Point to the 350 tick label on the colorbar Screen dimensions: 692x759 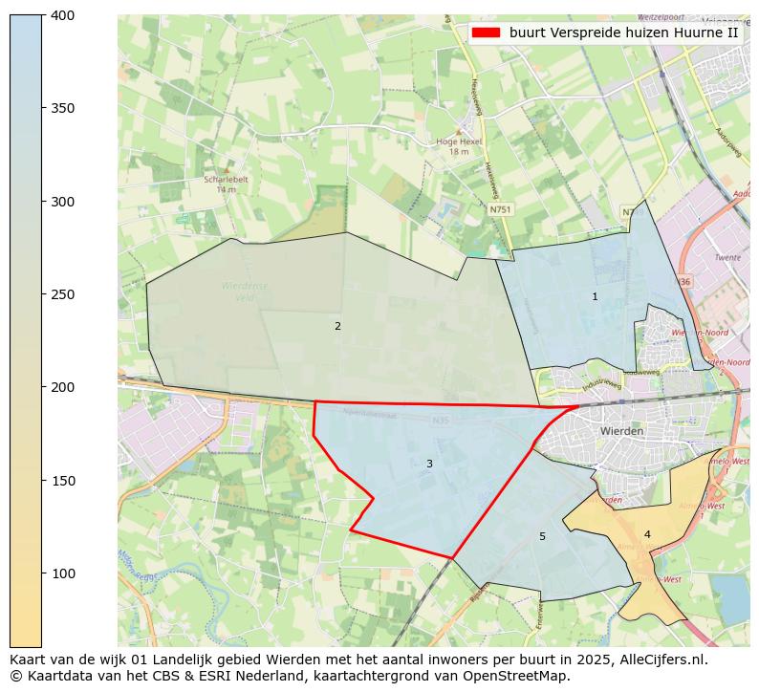click(x=62, y=108)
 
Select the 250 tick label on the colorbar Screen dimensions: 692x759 click(x=62, y=294)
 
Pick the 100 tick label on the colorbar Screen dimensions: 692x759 click(x=62, y=573)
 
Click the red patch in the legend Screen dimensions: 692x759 click(x=486, y=32)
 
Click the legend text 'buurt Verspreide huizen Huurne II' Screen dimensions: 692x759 click(x=623, y=32)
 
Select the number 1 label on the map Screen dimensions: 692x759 click(x=595, y=297)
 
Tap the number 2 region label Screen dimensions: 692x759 click(x=337, y=327)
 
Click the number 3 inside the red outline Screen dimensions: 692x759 click(x=429, y=465)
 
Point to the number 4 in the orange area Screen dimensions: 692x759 click(x=647, y=535)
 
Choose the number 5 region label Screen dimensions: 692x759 click(x=542, y=537)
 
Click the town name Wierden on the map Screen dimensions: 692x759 click(x=621, y=431)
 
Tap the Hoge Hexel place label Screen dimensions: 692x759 click(x=459, y=141)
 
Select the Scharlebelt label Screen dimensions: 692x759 click(x=226, y=179)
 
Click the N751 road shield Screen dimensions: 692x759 click(x=500, y=209)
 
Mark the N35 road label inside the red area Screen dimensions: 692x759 click(x=441, y=420)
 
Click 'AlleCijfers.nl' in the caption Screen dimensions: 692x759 click(x=659, y=660)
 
